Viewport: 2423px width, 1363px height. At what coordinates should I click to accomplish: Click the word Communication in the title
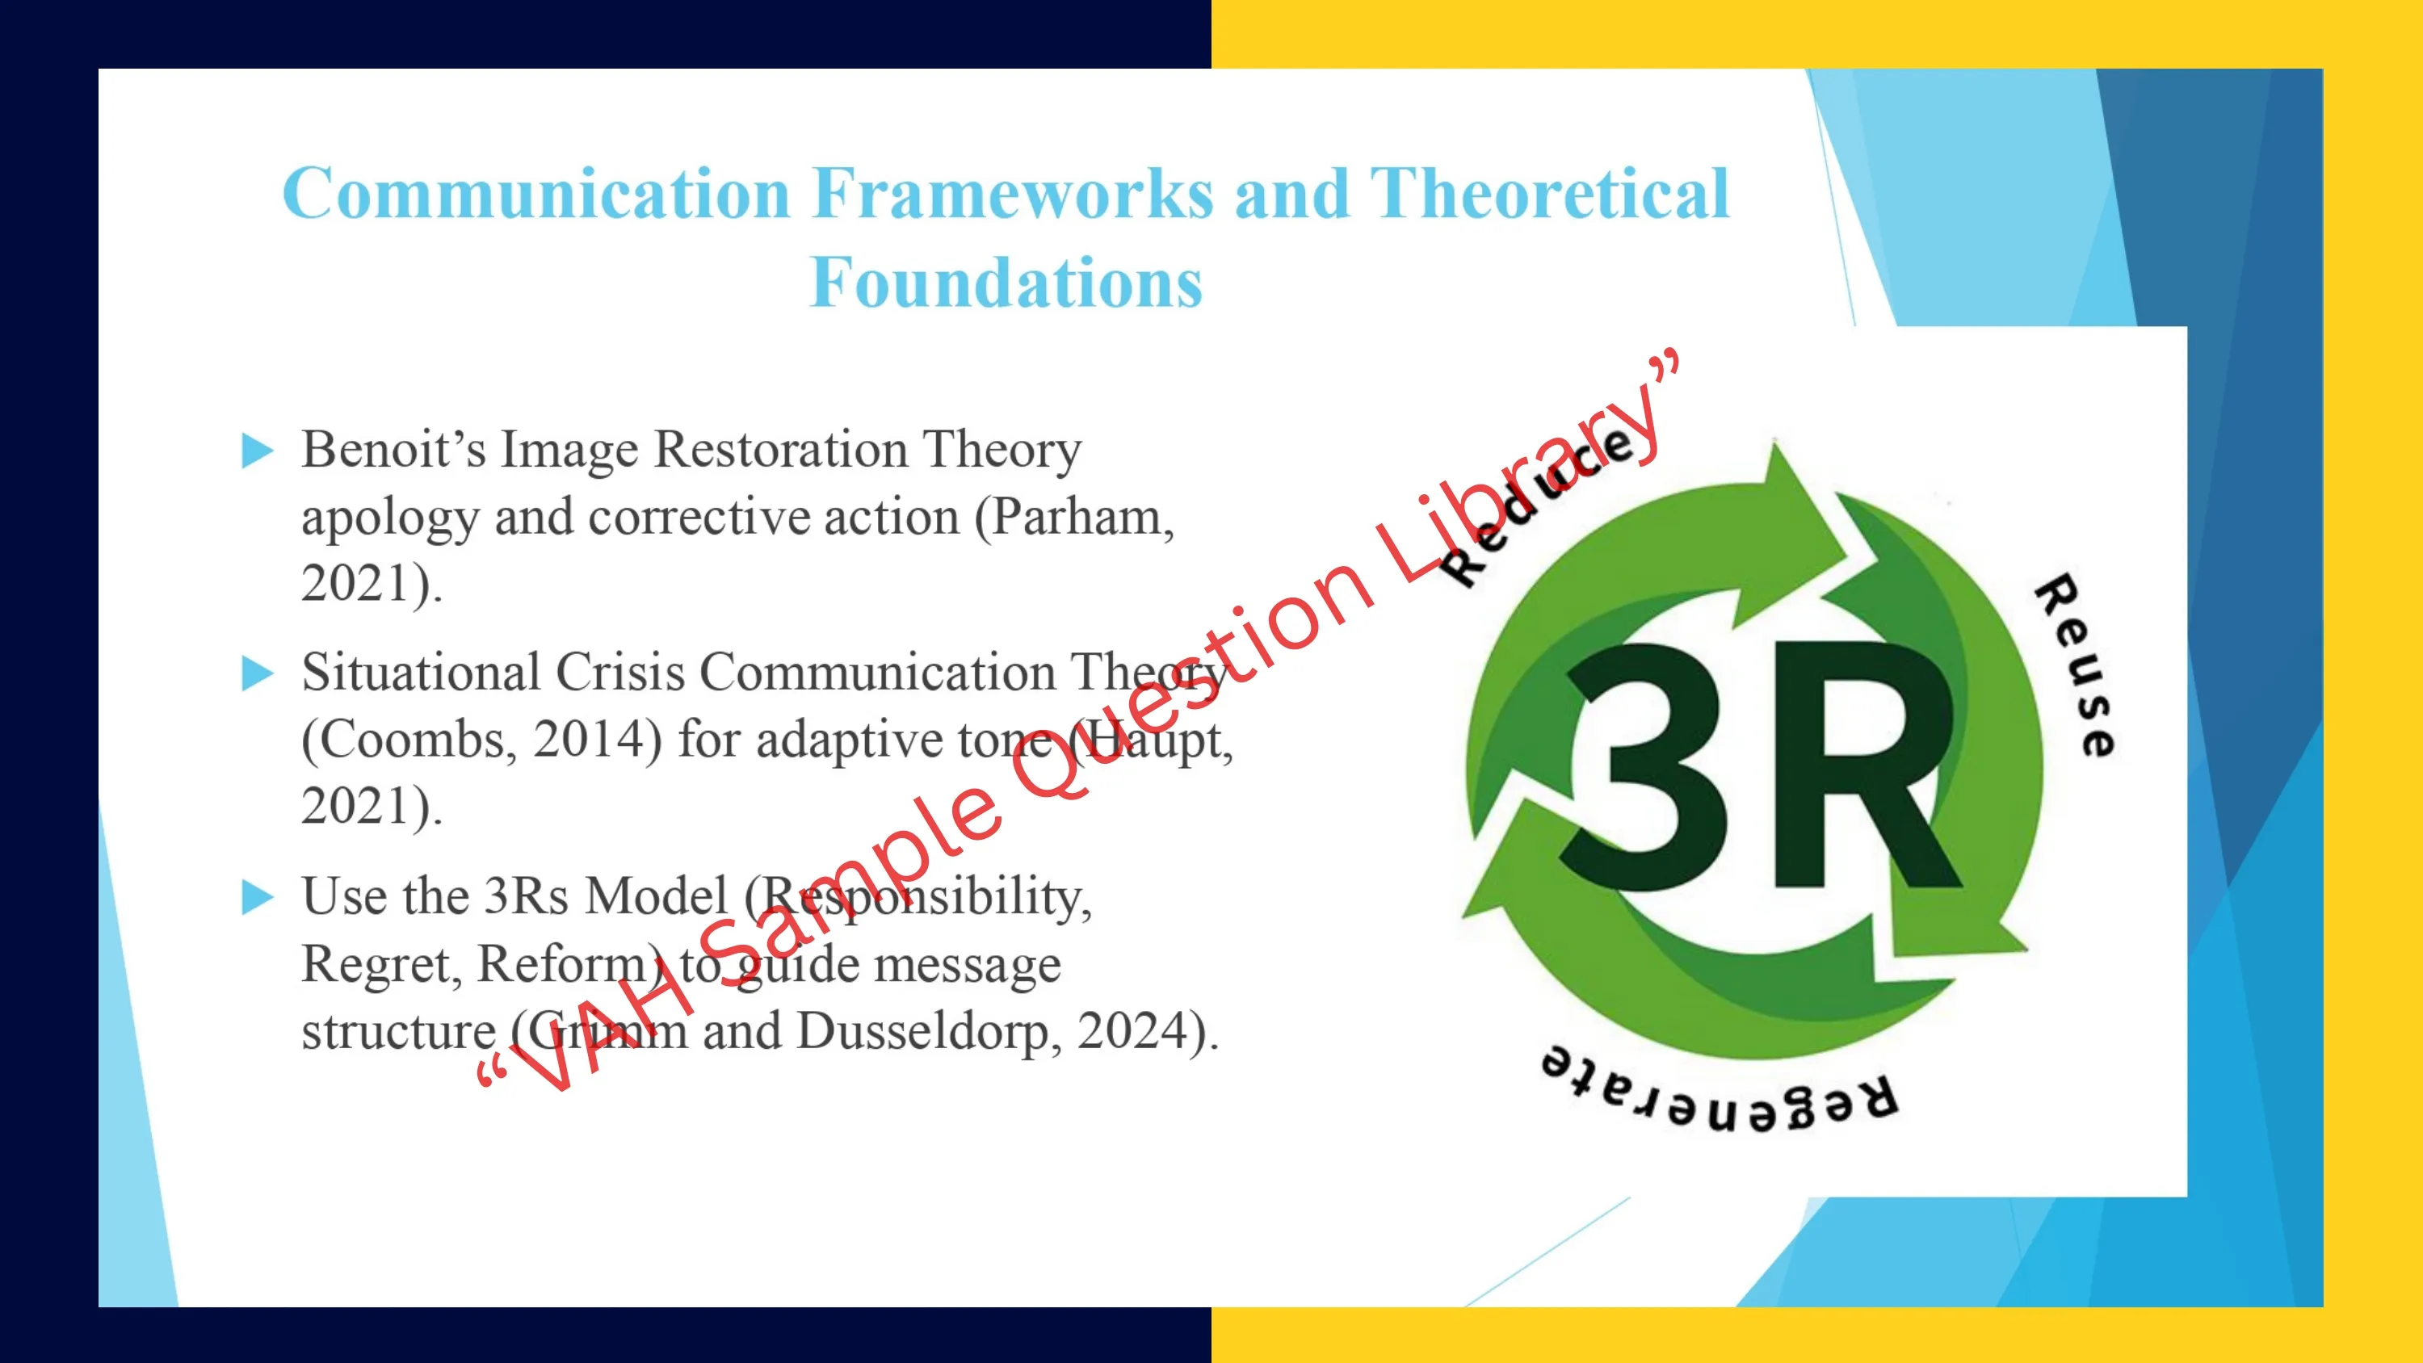tap(536, 194)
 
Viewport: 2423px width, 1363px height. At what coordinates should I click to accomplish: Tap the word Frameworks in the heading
tap(1013, 194)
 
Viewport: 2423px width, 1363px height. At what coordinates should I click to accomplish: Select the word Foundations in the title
tap(1006, 282)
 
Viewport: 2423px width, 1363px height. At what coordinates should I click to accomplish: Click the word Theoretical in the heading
tap(1549, 194)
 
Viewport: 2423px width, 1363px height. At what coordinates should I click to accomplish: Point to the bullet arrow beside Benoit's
tap(258, 451)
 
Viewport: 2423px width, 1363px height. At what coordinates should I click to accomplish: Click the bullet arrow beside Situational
tap(258, 673)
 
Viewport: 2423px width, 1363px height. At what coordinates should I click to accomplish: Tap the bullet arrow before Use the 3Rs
tap(258, 896)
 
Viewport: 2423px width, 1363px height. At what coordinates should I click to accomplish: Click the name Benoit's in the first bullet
tap(394, 449)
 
